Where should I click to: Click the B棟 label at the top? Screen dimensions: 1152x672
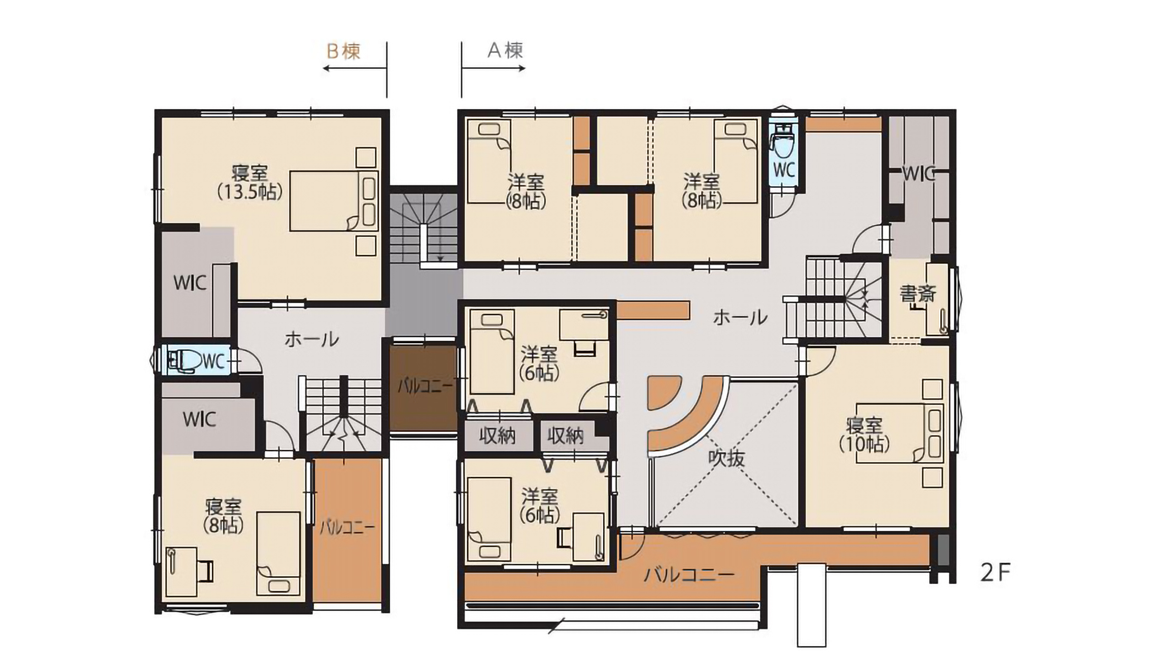point(343,51)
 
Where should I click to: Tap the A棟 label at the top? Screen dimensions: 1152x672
point(505,50)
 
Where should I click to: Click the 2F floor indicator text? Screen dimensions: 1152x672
point(995,573)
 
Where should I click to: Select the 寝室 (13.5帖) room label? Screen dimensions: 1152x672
point(250,182)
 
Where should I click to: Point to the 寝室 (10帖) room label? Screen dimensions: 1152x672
point(864,434)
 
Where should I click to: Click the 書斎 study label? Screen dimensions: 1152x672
point(917,294)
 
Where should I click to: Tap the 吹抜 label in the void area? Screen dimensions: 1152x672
point(727,458)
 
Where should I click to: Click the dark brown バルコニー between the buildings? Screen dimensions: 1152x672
point(424,386)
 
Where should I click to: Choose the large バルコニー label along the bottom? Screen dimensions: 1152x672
point(689,575)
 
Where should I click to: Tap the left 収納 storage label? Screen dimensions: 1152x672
point(497,436)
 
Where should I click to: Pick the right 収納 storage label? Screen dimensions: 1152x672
point(565,436)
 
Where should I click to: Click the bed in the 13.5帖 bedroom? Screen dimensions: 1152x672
point(334,201)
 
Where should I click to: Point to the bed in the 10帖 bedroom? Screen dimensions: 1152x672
point(899,433)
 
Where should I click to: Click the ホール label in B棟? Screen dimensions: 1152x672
point(311,340)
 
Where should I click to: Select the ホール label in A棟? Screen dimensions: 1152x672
point(740,317)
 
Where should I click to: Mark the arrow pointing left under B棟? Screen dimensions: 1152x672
point(354,68)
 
